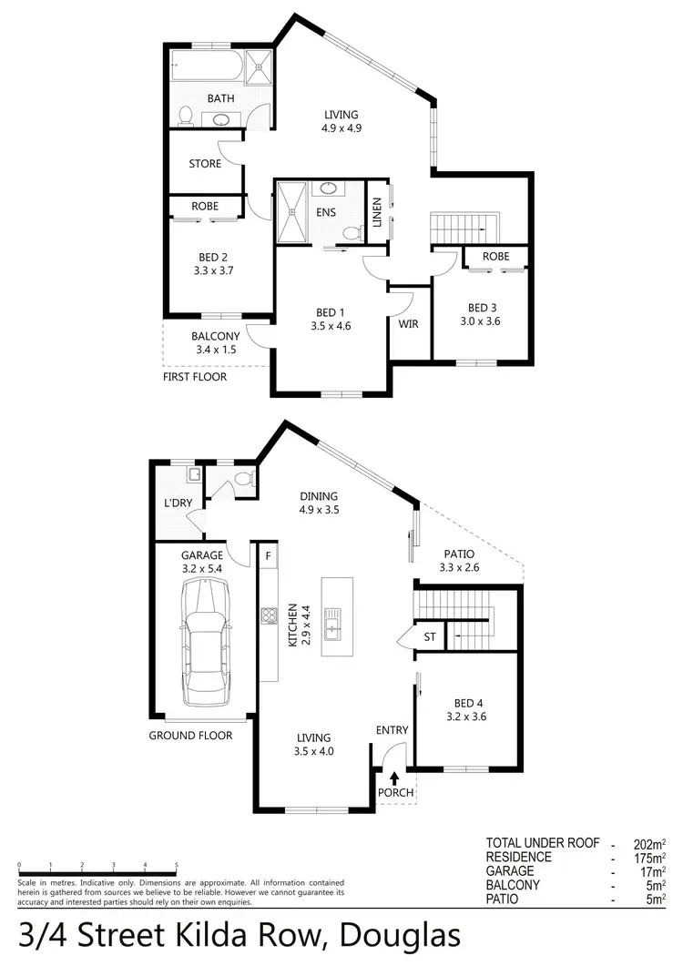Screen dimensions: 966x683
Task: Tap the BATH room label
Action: tap(219, 98)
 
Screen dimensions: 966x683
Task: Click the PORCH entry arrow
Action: tap(394, 778)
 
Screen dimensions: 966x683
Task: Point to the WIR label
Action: tap(408, 324)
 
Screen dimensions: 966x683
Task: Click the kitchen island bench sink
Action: tap(333, 625)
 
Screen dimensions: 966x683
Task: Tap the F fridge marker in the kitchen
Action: tap(268, 554)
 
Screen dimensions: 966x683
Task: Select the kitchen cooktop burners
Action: tap(269, 616)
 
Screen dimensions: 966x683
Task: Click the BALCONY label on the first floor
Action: tap(214, 335)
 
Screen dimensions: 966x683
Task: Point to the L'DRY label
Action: tap(177, 503)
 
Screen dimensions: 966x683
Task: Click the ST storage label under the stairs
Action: tap(429, 636)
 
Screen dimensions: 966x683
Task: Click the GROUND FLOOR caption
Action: tap(190, 736)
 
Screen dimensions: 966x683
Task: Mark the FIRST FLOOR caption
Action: tap(194, 376)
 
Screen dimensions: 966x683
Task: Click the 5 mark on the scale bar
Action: tap(176, 865)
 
